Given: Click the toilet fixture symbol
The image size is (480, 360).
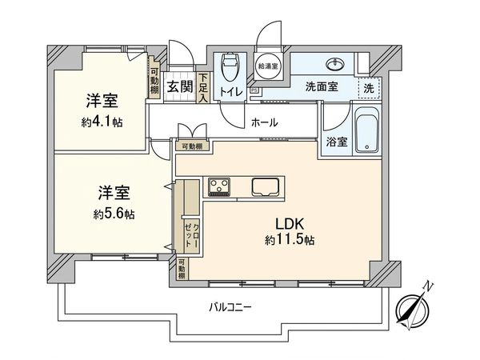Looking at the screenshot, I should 229,67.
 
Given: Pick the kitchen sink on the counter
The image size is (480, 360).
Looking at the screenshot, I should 266,187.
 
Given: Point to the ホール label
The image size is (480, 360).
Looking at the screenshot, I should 264,122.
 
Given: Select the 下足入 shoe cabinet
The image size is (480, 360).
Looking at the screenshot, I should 204,87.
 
